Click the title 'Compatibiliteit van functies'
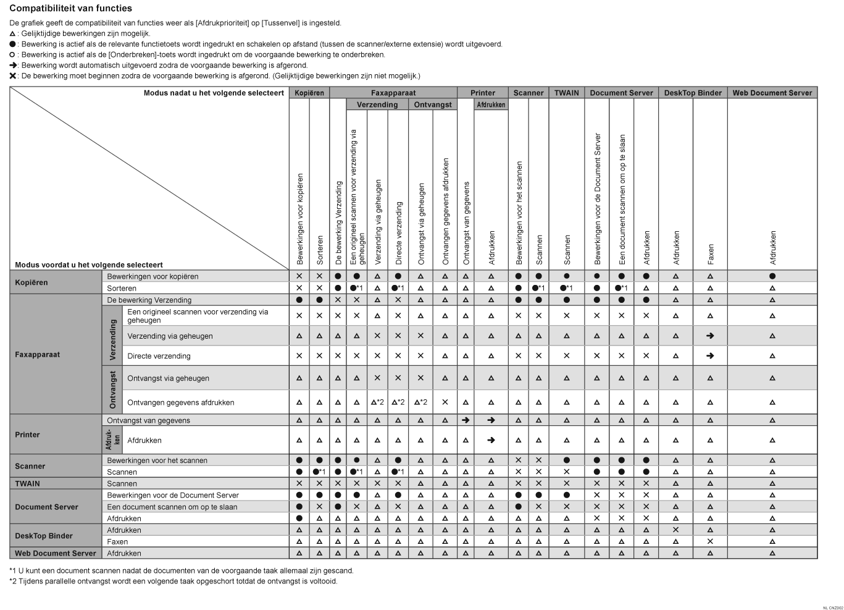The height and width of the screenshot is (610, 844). click(70, 9)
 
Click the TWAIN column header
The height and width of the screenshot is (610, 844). click(566, 93)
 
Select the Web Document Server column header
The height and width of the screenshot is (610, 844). click(772, 93)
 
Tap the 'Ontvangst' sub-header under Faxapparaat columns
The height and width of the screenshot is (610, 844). click(432, 104)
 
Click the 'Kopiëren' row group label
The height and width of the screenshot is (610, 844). click(31, 282)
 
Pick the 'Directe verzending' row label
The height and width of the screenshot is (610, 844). click(159, 356)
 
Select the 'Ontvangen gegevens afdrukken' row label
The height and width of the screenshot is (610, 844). click(180, 402)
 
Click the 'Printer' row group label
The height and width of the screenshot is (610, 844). click(27, 434)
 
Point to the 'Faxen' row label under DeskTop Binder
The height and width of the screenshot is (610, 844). click(117, 541)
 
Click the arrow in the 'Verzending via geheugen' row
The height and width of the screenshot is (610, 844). click(710, 336)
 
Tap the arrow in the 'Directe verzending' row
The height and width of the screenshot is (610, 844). click(710, 356)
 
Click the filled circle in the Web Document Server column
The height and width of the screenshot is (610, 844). click(772, 276)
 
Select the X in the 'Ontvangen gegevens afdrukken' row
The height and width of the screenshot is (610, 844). click(445, 402)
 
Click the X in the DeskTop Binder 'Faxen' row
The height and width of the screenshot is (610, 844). click(710, 541)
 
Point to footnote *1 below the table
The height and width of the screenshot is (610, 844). click(182, 570)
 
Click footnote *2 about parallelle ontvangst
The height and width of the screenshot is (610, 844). click(173, 581)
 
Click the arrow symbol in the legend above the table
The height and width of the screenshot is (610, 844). click(13, 65)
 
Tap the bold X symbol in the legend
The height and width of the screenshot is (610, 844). click(13, 75)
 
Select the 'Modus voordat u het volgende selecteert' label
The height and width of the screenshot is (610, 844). click(89, 265)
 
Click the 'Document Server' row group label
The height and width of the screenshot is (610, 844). click(46, 507)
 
